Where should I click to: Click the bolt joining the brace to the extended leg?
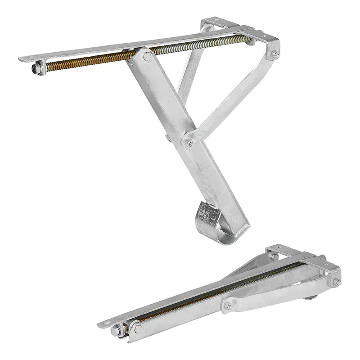click(x=189, y=144)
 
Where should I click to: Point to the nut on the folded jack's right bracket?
click(x=335, y=282)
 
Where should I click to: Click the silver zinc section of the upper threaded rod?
click(x=202, y=45)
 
